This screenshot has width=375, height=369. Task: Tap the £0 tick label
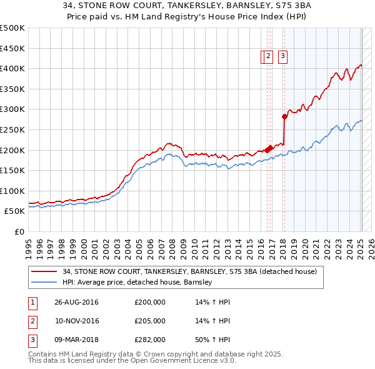click(x=19, y=231)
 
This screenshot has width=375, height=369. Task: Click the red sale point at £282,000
click(x=284, y=116)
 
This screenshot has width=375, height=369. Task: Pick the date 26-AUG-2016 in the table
click(x=76, y=302)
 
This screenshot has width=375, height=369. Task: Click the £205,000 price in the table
click(x=150, y=321)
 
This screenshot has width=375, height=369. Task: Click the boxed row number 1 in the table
click(x=32, y=302)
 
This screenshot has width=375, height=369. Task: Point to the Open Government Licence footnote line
click(x=132, y=361)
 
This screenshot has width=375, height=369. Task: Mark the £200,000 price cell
click(x=150, y=302)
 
